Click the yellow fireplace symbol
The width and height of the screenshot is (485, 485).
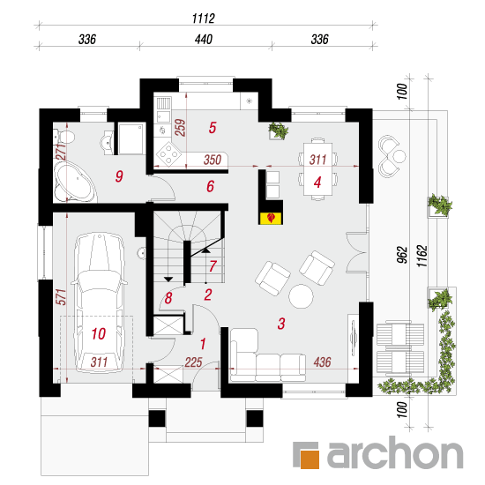pos(271,218)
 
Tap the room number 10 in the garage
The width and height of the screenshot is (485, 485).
pos(99,333)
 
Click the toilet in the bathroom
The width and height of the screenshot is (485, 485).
pos(63,137)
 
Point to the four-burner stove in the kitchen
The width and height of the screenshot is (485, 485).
pos(168,153)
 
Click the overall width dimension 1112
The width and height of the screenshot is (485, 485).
pos(203,19)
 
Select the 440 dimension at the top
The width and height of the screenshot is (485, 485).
pos(204,40)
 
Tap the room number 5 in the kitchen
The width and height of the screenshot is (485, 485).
pos(213,128)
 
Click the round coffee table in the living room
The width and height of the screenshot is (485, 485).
pos(301,296)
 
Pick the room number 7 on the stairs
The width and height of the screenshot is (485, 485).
pos(213,266)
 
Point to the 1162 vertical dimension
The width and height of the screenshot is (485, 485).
pos(422,256)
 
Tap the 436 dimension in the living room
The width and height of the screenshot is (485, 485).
pos(322,362)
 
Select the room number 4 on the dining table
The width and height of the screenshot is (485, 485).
pos(317,183)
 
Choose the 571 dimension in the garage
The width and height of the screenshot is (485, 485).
pos(61,297)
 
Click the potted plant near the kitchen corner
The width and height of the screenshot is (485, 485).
pos(279,131)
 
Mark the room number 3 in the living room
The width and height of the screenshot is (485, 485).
pos(281,324)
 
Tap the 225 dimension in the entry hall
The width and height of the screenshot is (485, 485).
pos(193,362)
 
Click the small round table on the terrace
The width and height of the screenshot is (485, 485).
pos(399,156)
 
